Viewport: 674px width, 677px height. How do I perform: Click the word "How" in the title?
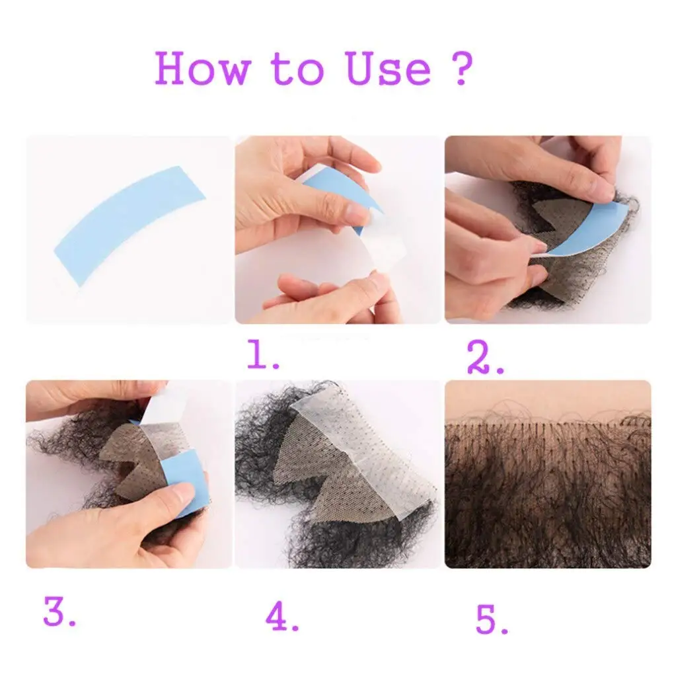(x=204, y=68)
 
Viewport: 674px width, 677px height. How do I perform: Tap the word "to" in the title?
(x=297, y=69)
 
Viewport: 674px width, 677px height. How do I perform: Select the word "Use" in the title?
(x=389, y=68)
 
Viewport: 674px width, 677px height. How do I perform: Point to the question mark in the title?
(x=462, y=68)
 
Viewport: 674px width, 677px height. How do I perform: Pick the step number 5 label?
(x=492, y=619)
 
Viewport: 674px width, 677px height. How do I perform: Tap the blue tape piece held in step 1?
(x=341, y=194)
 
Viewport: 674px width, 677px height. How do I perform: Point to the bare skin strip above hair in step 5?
(x=548, y=398)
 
